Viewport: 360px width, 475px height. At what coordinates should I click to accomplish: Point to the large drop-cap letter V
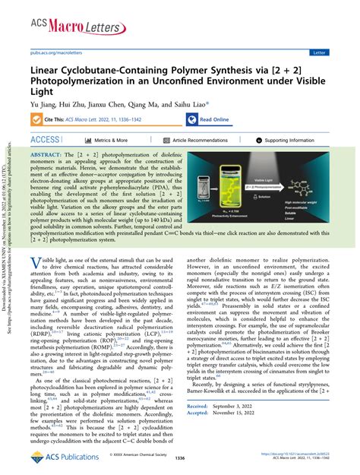click(35, 262)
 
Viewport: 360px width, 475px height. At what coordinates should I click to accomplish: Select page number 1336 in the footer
click(180, 460)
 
